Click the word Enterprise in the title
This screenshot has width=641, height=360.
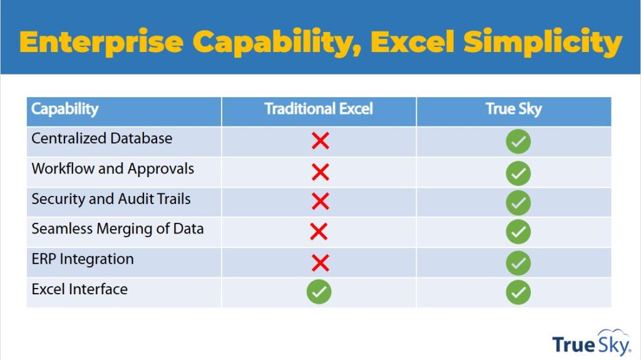coord(101,43)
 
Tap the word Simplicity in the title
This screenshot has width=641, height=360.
coord(543,43)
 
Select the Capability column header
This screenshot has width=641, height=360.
coord(65,109)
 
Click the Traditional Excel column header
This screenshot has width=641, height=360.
coord(319,109)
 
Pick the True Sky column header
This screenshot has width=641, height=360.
coord(513,109)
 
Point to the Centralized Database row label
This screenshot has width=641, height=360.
coord(102,138)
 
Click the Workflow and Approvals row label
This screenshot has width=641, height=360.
coord(113,169)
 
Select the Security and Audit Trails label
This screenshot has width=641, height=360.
coord(111,199)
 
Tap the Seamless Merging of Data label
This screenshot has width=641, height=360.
coord(118,229)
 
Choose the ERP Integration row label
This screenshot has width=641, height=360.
coord(83,259)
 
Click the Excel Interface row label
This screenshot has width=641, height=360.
coord(79,289)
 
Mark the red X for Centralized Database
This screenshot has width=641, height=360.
coord(320,141)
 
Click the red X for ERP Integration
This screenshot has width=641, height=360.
coord(320,263)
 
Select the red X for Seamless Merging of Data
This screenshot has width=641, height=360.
coord(319,232)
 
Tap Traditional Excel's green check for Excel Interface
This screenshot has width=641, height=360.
coord(319,292)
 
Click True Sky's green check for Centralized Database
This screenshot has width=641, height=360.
coord(518,141)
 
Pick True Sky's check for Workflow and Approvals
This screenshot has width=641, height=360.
coord(518,173)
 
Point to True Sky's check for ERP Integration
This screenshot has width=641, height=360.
coord(518,263)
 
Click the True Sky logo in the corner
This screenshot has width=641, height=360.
coord(591,343)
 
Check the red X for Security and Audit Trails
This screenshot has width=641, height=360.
coord(320,201)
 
